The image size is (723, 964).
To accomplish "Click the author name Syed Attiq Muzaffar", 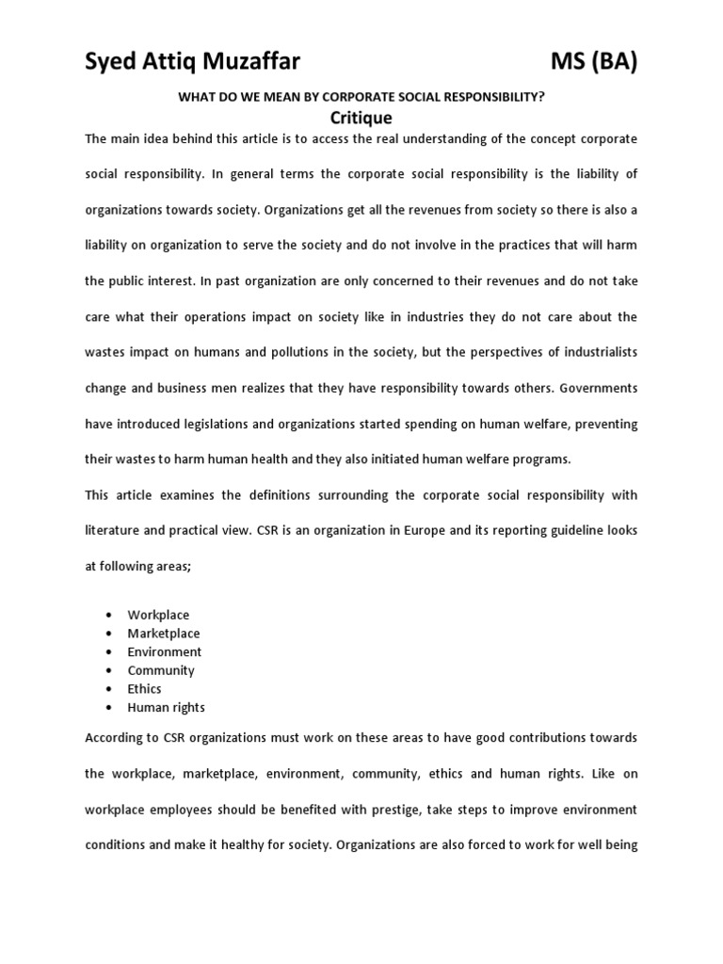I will pos(192,63).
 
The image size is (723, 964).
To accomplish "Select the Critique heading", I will pos(361,118).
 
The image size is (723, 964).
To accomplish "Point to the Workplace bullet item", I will pos(158,615).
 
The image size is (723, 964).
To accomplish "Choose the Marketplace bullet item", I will pos(164,634).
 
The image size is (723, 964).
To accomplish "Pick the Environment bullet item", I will pos(165,651).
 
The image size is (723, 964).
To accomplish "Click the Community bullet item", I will pos(161,670).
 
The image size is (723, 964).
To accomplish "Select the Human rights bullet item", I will pos(167,707).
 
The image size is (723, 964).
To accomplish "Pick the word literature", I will pos(114,530).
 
